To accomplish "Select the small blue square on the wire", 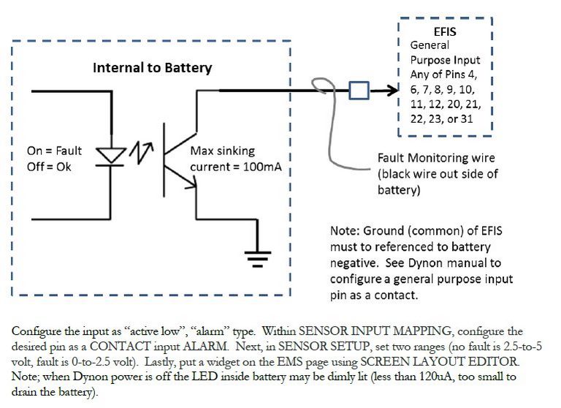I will [x=358, y=90].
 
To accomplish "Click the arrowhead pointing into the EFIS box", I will [x=392, y=90].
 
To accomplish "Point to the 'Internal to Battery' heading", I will [x=152, y=68].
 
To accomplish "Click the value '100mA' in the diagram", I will [x=262, y=167].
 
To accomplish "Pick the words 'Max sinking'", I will [x=223, y=151].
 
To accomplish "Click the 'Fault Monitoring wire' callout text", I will [x=436, y=158].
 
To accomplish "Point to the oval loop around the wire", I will [x=324, y=91].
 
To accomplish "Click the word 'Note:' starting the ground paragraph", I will [x=344, y=231].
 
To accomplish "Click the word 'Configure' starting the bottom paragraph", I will [x=36, y=331].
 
